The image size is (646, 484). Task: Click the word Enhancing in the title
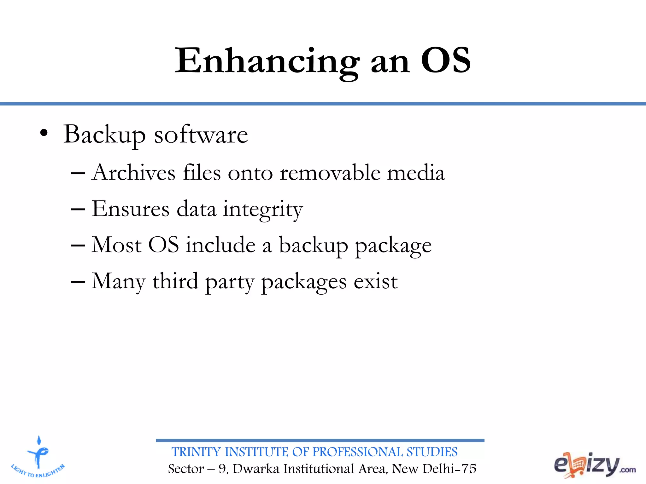(x=267, y=61)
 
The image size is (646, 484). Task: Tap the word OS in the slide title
(x=445, y=60)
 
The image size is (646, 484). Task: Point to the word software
(x=201, y=135)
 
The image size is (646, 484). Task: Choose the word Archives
(x=134, y=173)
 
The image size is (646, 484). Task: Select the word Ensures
(x=131, y=209)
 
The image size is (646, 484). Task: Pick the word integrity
(x=263, y=210)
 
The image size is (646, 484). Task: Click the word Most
(x=116, y=245)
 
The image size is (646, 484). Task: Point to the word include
(x=220, y=245)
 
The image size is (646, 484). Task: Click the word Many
(x=118, y=281)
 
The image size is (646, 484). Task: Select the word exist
(x=375, y=281)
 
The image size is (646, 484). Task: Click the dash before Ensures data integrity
(x=78, y=209)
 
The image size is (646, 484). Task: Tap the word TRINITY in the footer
(x=196, y=452)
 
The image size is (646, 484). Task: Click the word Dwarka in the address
(x=256, y=469)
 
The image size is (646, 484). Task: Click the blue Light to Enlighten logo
(x=38, y=457)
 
